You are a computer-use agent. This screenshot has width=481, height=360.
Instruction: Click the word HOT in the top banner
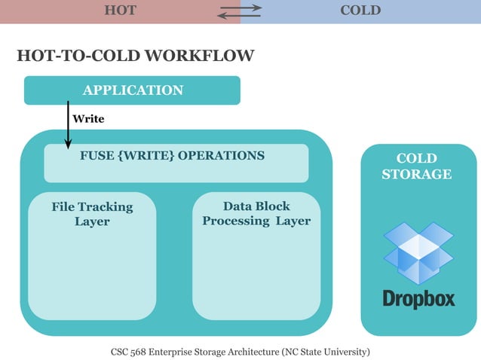pyautogui.click(x=121, y=11)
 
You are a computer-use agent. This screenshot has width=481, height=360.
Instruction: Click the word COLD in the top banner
pyautogui.click(x=360, y=11)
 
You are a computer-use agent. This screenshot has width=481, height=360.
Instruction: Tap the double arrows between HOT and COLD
pyautogui.click(x=240, y=11)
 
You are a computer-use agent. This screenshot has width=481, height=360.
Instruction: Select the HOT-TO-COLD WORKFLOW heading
pyautogui.click(x=135, y=56)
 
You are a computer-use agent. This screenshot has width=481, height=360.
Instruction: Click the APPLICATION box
pyautogui.click(x=133, y=90)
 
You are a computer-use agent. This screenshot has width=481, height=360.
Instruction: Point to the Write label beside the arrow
pyautogui.click(x=88, y=119)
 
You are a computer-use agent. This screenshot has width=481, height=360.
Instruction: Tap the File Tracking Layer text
pyautogui.click(x=92, y=214)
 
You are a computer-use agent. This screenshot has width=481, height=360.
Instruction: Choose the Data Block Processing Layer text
pyautogui.click(x=256, y=213)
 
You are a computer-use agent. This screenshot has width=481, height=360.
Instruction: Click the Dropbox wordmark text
pyautogui.click(x=418, y=298)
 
